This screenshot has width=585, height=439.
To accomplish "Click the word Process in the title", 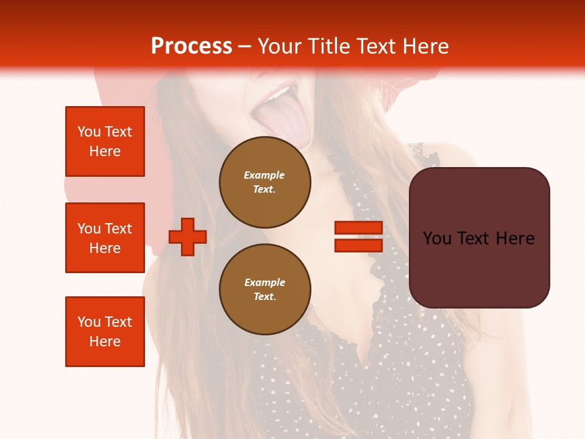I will coord(191,46).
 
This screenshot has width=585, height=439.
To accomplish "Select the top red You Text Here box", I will coord(105,141).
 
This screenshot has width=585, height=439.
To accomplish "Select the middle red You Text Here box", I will coord(105,238).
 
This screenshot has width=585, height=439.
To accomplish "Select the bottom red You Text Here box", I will coord(105,331).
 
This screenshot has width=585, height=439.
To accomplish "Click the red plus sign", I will coord(187,237).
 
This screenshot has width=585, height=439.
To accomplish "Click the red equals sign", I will coord(358,237).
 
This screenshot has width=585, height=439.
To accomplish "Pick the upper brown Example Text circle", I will coord(264,182).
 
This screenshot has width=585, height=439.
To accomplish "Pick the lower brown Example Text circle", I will coord(264,289).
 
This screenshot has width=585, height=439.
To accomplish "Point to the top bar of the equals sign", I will coord(358,228).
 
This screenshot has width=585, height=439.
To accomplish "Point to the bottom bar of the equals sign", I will coord(358,245).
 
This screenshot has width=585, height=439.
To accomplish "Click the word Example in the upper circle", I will coord(264,175).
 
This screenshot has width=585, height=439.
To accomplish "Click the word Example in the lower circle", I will coord(264,282).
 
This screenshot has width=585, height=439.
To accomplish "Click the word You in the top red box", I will coord(89,132).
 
